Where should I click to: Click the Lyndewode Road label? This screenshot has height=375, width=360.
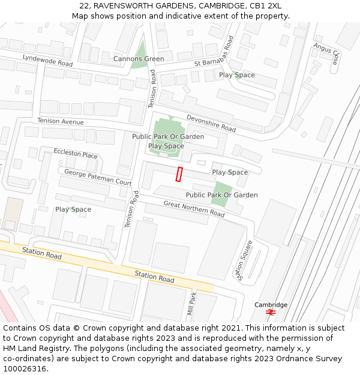pos(47,60)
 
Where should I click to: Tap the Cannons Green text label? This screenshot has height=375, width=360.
pos(139,59)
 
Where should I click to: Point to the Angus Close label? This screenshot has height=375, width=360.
pos(328,53)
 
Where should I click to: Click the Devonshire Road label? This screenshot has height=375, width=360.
pos(211,123)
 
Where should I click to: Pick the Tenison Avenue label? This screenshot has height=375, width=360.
pos(60,121)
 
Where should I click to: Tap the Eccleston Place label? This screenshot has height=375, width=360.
pos(75,154)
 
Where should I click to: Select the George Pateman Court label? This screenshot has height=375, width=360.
pos(98,177)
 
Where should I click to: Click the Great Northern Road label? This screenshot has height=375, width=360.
pos(194,208)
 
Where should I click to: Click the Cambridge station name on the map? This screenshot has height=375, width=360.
pos(271,305)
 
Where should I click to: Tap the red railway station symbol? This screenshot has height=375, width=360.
pos(271,313)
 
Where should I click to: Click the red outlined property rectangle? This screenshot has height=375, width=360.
pos(179,174)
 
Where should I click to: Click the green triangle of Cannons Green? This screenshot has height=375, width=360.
pos(140,51)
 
